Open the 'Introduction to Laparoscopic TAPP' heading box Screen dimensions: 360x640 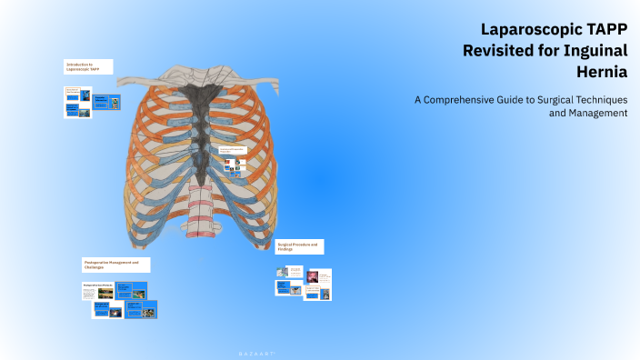88,66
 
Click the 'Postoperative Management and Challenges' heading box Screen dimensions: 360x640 116,265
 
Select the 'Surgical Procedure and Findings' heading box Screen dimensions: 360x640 299,246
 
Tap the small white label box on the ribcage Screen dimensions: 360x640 234,150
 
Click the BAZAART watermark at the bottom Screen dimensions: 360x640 250,350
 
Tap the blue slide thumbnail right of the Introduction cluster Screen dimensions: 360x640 106,101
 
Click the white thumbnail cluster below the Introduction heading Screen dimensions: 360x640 77,102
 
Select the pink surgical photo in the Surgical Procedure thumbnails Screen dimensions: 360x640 313,275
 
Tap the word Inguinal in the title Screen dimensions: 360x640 595,50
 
